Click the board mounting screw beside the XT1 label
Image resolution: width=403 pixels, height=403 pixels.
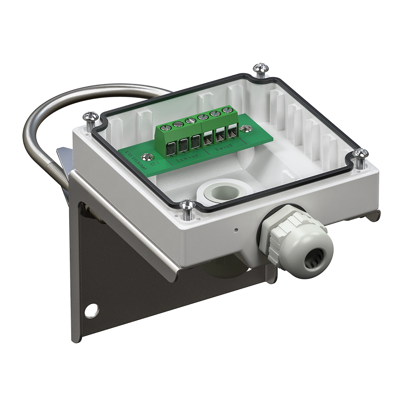(146, 156)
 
